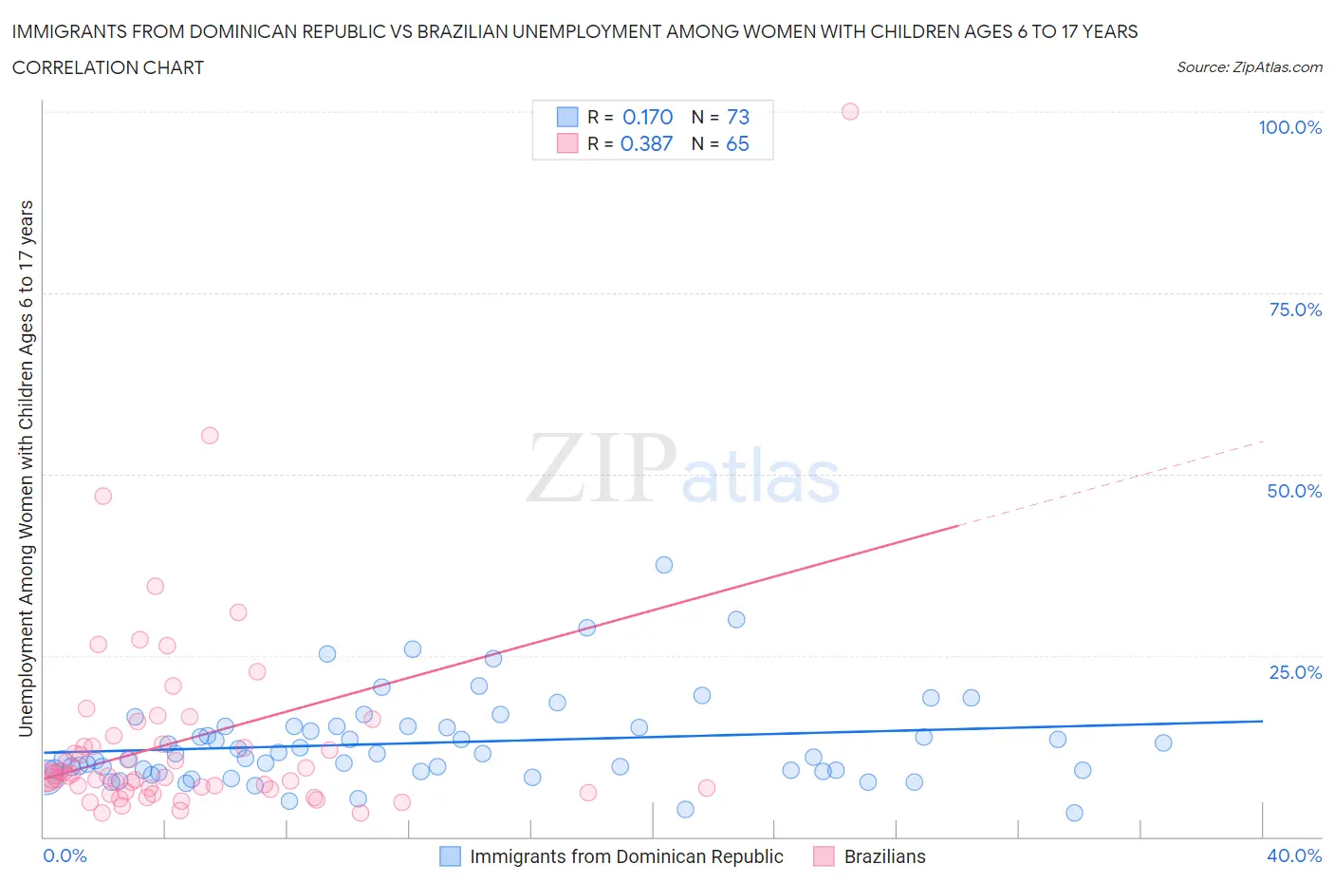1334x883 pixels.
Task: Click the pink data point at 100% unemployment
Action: click(850, 112)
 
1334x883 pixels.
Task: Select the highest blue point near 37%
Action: click(664, 565)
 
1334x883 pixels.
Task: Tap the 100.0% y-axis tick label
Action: click(1289, 127)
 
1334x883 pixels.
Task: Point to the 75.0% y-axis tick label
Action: click(1295, 310)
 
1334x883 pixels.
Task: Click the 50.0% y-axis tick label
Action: click(1294, 491)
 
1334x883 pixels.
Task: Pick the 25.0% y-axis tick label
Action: click(1295, 672)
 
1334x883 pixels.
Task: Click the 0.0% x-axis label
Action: click(65, 855)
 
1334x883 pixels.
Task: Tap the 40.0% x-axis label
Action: click(1294, 855)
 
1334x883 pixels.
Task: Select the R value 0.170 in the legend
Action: click(647, 117)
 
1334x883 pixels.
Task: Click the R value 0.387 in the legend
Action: click(646, 143)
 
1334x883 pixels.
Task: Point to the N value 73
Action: click(737, 117)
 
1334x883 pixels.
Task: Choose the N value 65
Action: click(737, 143)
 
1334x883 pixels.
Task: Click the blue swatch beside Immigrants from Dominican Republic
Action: click(450, 856)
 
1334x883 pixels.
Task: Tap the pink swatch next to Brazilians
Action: click(824, 856)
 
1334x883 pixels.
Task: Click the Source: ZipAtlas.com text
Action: click(1249, 66)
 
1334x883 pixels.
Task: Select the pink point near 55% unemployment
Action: click(210, 436)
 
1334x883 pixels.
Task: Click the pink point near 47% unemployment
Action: click(103, 496)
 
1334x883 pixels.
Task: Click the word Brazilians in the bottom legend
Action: click(884, 856)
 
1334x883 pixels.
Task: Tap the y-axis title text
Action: click(26, 469)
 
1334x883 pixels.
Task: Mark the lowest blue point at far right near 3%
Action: click(1074, 813)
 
